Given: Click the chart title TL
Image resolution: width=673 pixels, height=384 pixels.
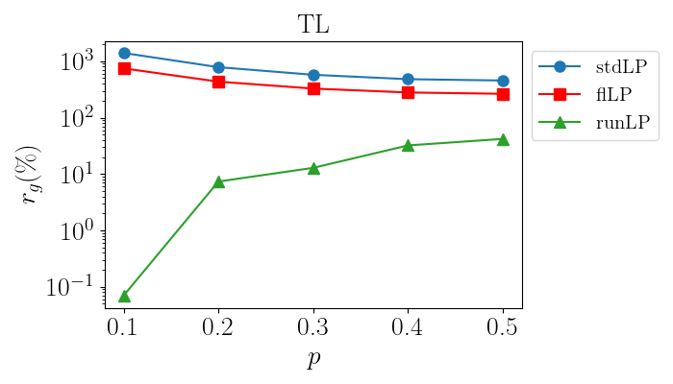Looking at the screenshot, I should tap(313, 24).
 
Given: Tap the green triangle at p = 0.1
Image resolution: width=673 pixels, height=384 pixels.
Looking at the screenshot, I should tap(124, 296).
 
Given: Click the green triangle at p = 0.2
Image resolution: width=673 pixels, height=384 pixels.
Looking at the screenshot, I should tap(218, 181).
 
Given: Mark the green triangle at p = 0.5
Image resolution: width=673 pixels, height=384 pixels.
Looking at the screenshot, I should tap(503, 139).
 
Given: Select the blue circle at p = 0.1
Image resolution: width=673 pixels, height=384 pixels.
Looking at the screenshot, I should tap(124, 53).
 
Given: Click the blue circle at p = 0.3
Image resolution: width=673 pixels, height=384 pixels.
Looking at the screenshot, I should tap(313, 75).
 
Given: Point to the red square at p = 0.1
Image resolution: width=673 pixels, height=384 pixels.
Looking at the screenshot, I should tap(124, 68).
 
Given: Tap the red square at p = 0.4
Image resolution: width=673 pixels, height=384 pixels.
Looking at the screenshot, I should tap(409, 92).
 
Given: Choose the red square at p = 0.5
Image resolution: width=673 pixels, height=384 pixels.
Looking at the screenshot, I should tap(503, 94).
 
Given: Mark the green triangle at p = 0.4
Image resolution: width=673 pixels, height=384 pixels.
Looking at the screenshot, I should tap(409, 146).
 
